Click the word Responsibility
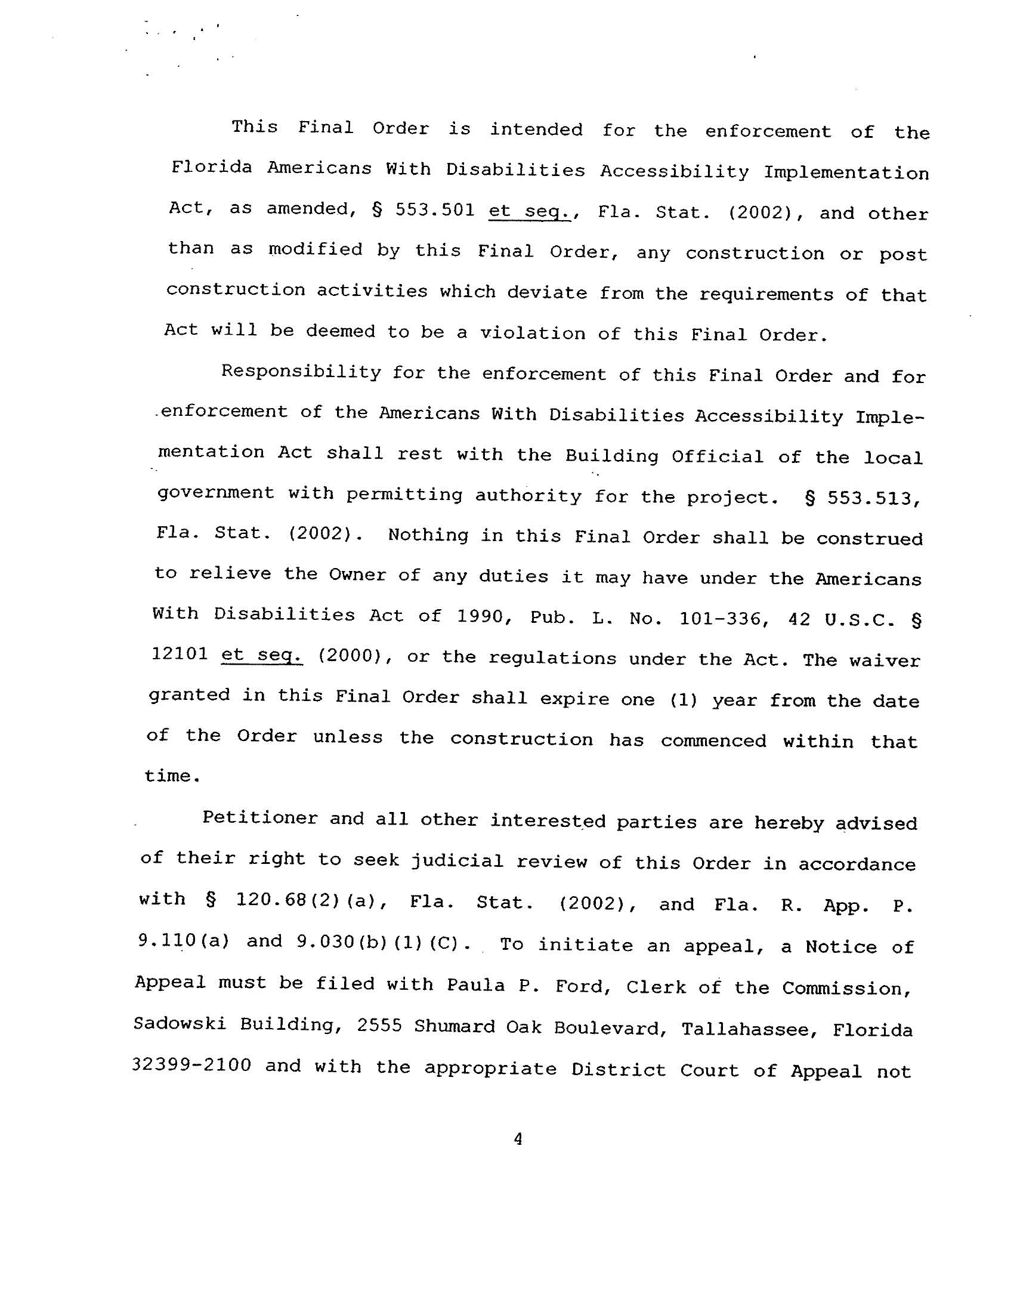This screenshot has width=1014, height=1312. [x=301, y=372]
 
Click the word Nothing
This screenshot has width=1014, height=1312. [x=428, y=535]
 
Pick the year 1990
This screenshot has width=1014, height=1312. [x=480, y=616]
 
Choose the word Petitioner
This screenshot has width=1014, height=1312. [x=259, y=818]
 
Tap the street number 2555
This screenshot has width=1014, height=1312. [x=379, y=1026]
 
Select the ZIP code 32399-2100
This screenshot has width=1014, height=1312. [x=191, y=1065]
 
